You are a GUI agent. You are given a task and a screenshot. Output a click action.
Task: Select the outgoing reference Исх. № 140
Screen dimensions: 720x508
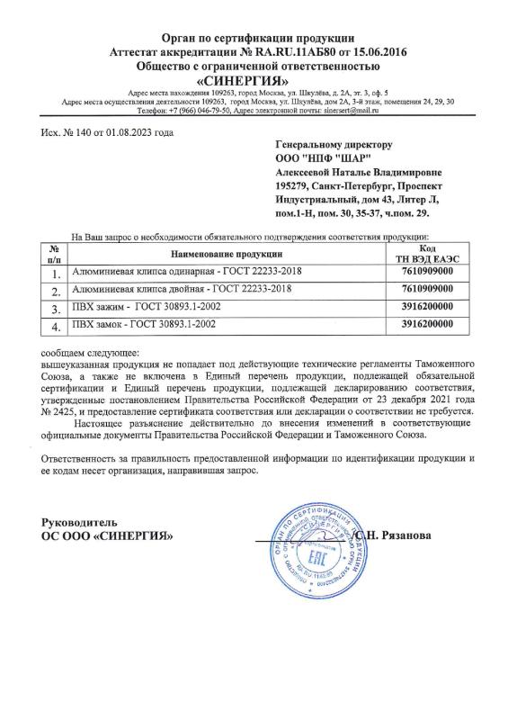click(x=73, y=132)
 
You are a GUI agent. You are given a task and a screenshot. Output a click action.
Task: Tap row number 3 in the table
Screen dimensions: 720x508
click(x=55, y=308)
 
